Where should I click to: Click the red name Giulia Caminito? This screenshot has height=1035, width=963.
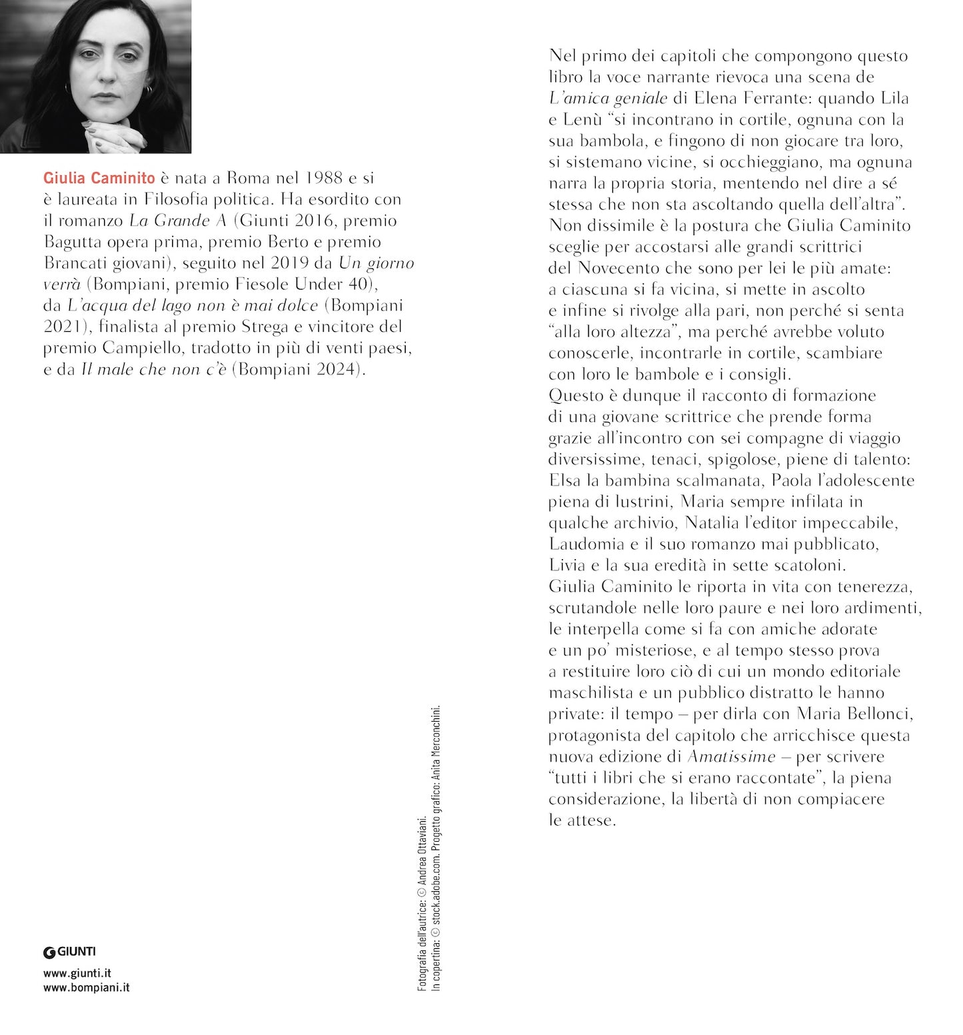pyautogui.click(x=99, y=178)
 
